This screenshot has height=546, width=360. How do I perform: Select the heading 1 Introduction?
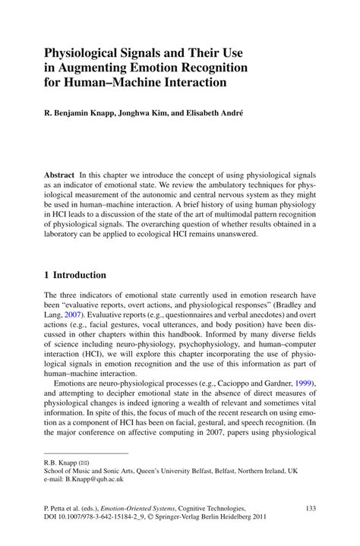[x=75, y=275]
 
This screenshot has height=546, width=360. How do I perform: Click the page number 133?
[x=309, y=508]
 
